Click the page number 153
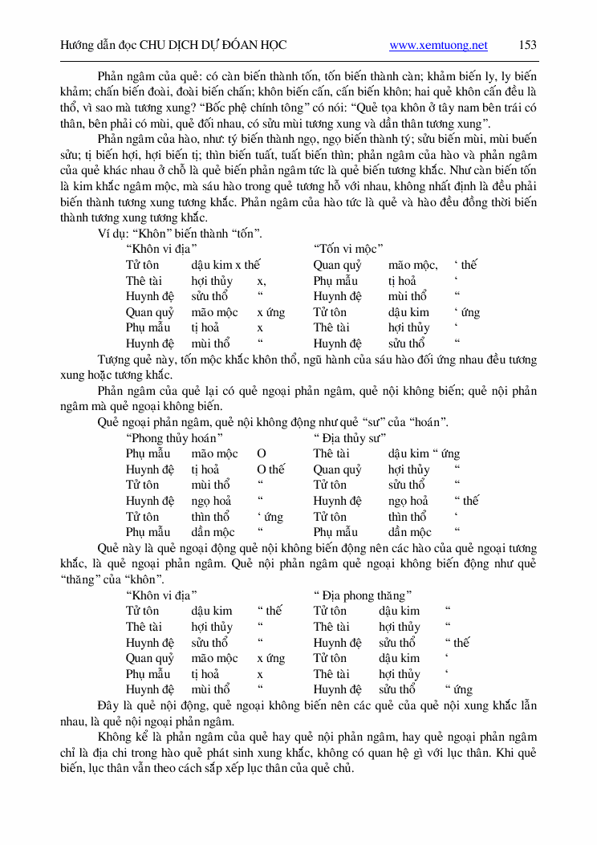tap(528, 45)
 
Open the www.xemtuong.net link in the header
tap(438, 46)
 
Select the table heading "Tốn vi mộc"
tap(348, 250)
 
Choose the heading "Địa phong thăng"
tap(363, 595)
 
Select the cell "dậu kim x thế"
tap(226, 265)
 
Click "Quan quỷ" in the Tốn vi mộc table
tap(337, 265)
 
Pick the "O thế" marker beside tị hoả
tap(270, 469)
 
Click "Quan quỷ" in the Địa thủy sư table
tap(337, 469)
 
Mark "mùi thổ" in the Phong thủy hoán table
tap(210, 485)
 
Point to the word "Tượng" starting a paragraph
tap(115, 360)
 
